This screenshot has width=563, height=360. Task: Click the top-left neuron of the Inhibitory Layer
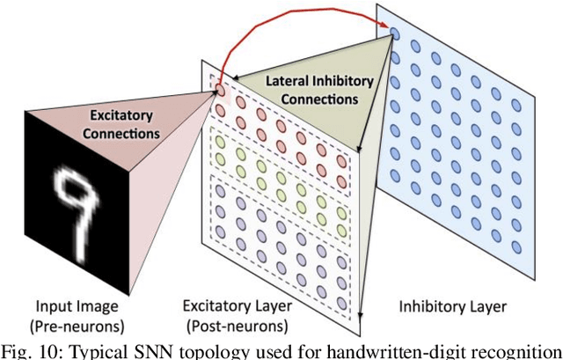395,33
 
